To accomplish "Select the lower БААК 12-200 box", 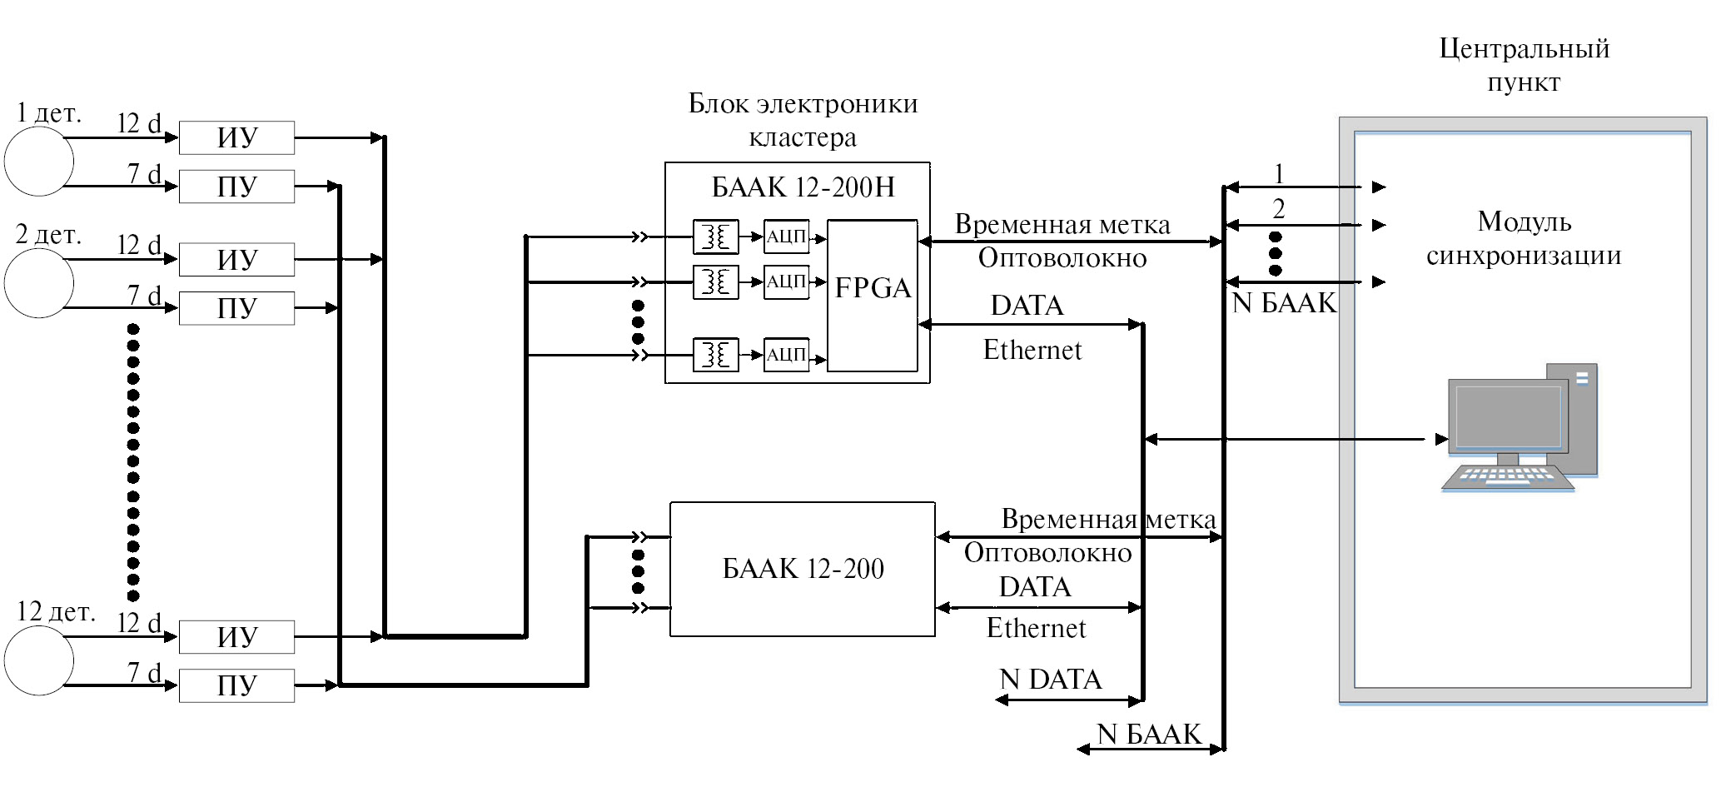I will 803,569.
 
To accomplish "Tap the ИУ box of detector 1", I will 236,137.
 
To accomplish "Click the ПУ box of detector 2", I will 236,308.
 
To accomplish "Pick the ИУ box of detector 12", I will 236,637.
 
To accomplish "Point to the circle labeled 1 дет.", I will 39,161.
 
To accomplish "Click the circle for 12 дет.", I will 39,660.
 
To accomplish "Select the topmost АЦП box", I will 786,237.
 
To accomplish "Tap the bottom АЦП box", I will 786,355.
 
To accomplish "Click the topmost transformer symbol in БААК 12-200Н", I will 715,237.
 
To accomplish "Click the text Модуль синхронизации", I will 1524,238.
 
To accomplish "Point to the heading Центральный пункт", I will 1524,65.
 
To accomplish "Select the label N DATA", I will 1051,680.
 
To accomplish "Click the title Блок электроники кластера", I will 803,120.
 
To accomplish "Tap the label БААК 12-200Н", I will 803,187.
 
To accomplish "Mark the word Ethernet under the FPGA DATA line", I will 1032,350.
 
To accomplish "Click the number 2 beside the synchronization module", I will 1279,208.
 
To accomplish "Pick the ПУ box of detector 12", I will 236,685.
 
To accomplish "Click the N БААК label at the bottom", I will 1149,734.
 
